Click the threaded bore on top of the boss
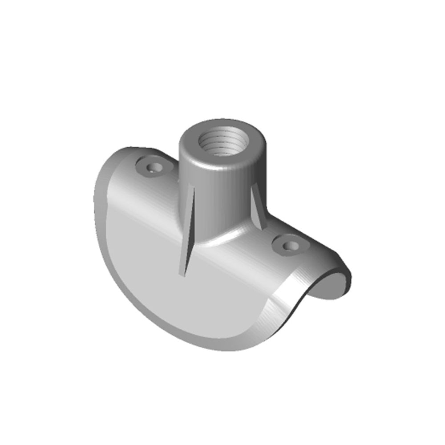click(221, 139)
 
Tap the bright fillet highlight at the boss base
click(222, 240)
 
